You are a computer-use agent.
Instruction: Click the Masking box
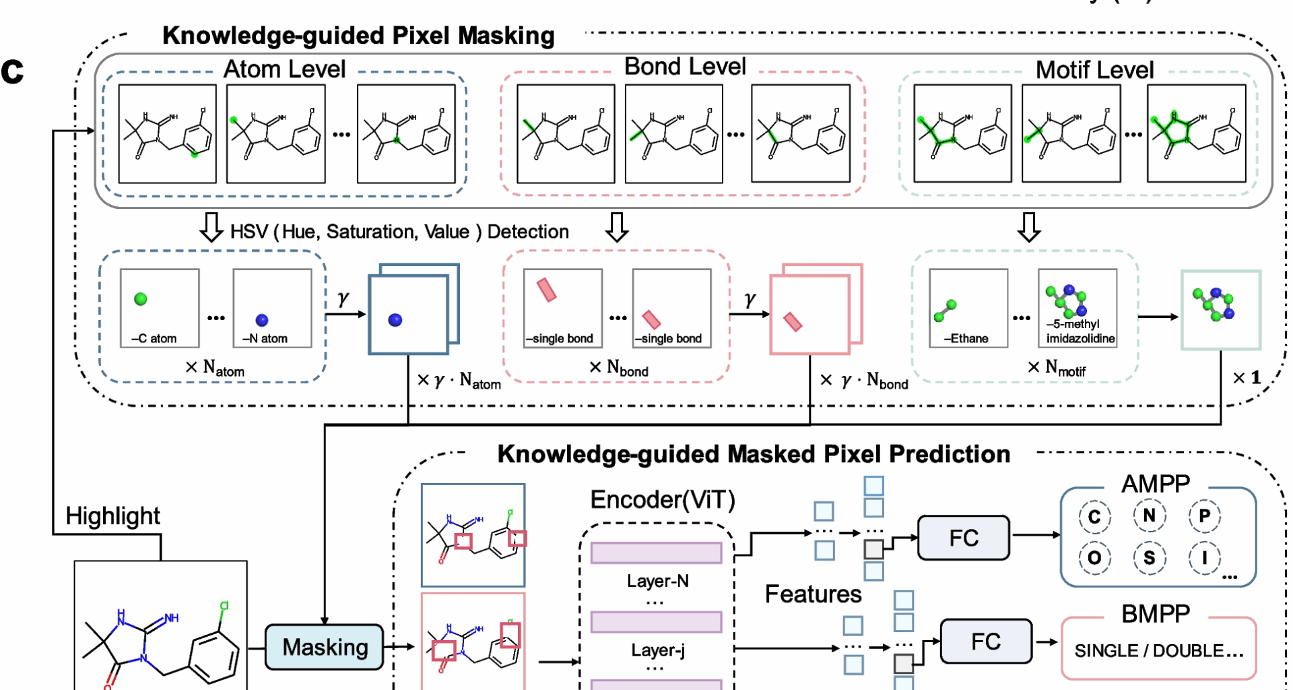(x=325, y=647)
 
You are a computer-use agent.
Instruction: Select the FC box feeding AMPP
(x=964, y=538)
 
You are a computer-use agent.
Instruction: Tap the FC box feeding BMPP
(x=986, y=641)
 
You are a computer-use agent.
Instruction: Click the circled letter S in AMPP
(x=1149, y=558)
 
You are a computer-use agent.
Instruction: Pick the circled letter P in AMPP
(x=1204, y=516)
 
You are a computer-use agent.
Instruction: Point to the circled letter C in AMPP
(x=1094, y=517)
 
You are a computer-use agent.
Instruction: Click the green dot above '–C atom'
(x=141, y=299)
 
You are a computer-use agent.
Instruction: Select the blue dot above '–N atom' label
(x=262, y=320)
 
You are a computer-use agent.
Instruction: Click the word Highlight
(x=112, y=516)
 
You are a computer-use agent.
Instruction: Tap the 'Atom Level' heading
(x=284, y=69)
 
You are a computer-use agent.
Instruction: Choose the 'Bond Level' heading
(x=685, y=67)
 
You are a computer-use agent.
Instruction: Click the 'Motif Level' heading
(x=1094, y=70)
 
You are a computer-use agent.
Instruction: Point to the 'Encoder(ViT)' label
(x=663, y=500)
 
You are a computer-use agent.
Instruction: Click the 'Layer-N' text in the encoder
(x=658, y=581)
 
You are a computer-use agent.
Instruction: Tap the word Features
(x=813, y=594)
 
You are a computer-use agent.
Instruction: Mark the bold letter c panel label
(x=12, y=71)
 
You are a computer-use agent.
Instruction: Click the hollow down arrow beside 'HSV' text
(x=211, y=228)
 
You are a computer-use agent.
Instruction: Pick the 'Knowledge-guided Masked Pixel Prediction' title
(x=754, y=454)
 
